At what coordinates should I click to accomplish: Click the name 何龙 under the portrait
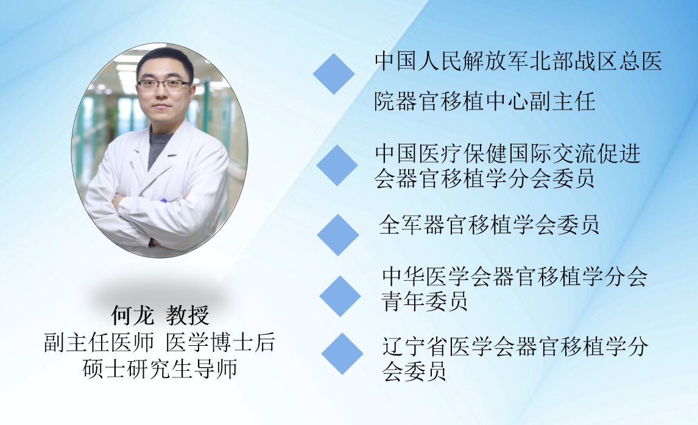click(x=132, y=315)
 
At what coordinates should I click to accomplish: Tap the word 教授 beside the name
click(x=188, y=315)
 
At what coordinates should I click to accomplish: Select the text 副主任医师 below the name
click(x=99, y=343)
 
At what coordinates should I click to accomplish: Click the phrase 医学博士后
click(x=220, y=343)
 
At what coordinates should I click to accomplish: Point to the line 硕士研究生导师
click(x=160, y=369)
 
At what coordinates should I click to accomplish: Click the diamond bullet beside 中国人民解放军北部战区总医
click(x=334, y=74)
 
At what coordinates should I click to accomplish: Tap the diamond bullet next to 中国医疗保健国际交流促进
click(x=337, y=165)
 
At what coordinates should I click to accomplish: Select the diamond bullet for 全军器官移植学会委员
click(x=338, y=235)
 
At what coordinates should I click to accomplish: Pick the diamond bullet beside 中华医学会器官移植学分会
click(x=340, y=296)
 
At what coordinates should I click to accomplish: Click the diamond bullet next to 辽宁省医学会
click(x=342, y=354)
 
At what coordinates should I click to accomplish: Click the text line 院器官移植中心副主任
click(x=484, y=102)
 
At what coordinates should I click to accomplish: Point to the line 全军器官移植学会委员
click(x=488, y=225)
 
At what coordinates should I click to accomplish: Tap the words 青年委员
click(x=425, y=301)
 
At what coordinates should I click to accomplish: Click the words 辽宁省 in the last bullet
click(x=415, y=346)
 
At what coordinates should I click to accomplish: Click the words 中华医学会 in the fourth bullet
click(x=436, y=276)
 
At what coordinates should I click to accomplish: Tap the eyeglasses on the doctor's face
click(x=164, y=84)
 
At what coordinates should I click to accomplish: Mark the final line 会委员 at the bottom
click(x=414, y=371)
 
